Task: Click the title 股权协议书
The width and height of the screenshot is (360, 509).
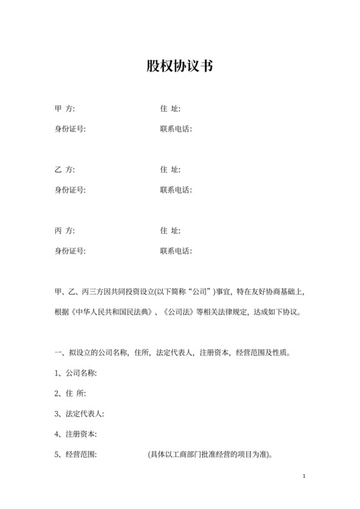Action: pos(179,66)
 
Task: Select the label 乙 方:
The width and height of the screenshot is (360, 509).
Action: pos(65,170)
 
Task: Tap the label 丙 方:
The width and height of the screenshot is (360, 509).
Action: pos(65,230)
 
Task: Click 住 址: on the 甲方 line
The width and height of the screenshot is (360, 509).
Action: pos(170,109)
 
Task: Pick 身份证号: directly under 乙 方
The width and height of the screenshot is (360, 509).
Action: pos(70,190)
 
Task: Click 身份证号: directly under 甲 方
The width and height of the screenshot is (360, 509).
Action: pos(70,129)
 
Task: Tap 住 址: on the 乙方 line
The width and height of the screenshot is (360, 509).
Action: pos(170,170)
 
